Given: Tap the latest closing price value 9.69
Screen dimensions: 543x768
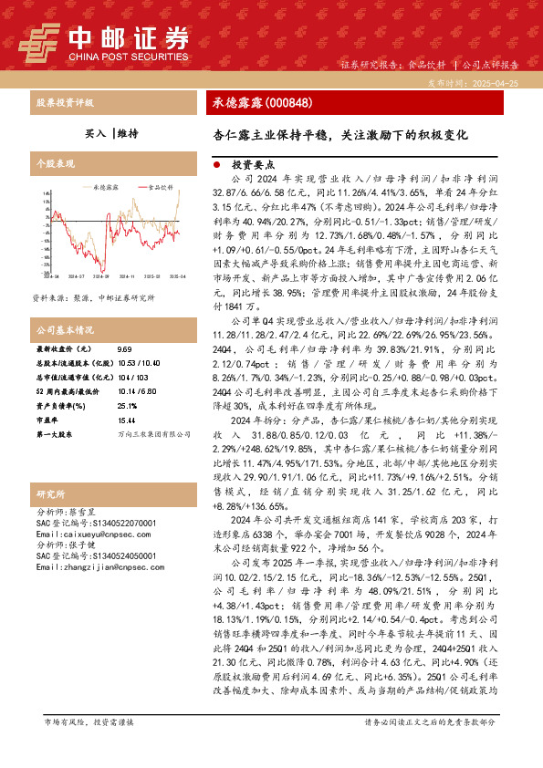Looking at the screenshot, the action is pos(125,349).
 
